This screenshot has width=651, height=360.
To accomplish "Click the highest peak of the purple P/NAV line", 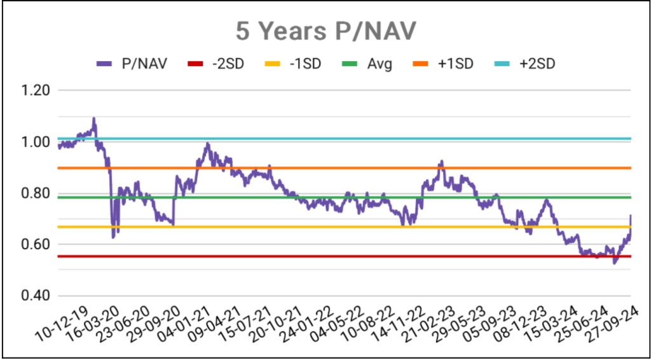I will (94, 118).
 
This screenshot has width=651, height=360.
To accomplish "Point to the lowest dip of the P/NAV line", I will (614, 263).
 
